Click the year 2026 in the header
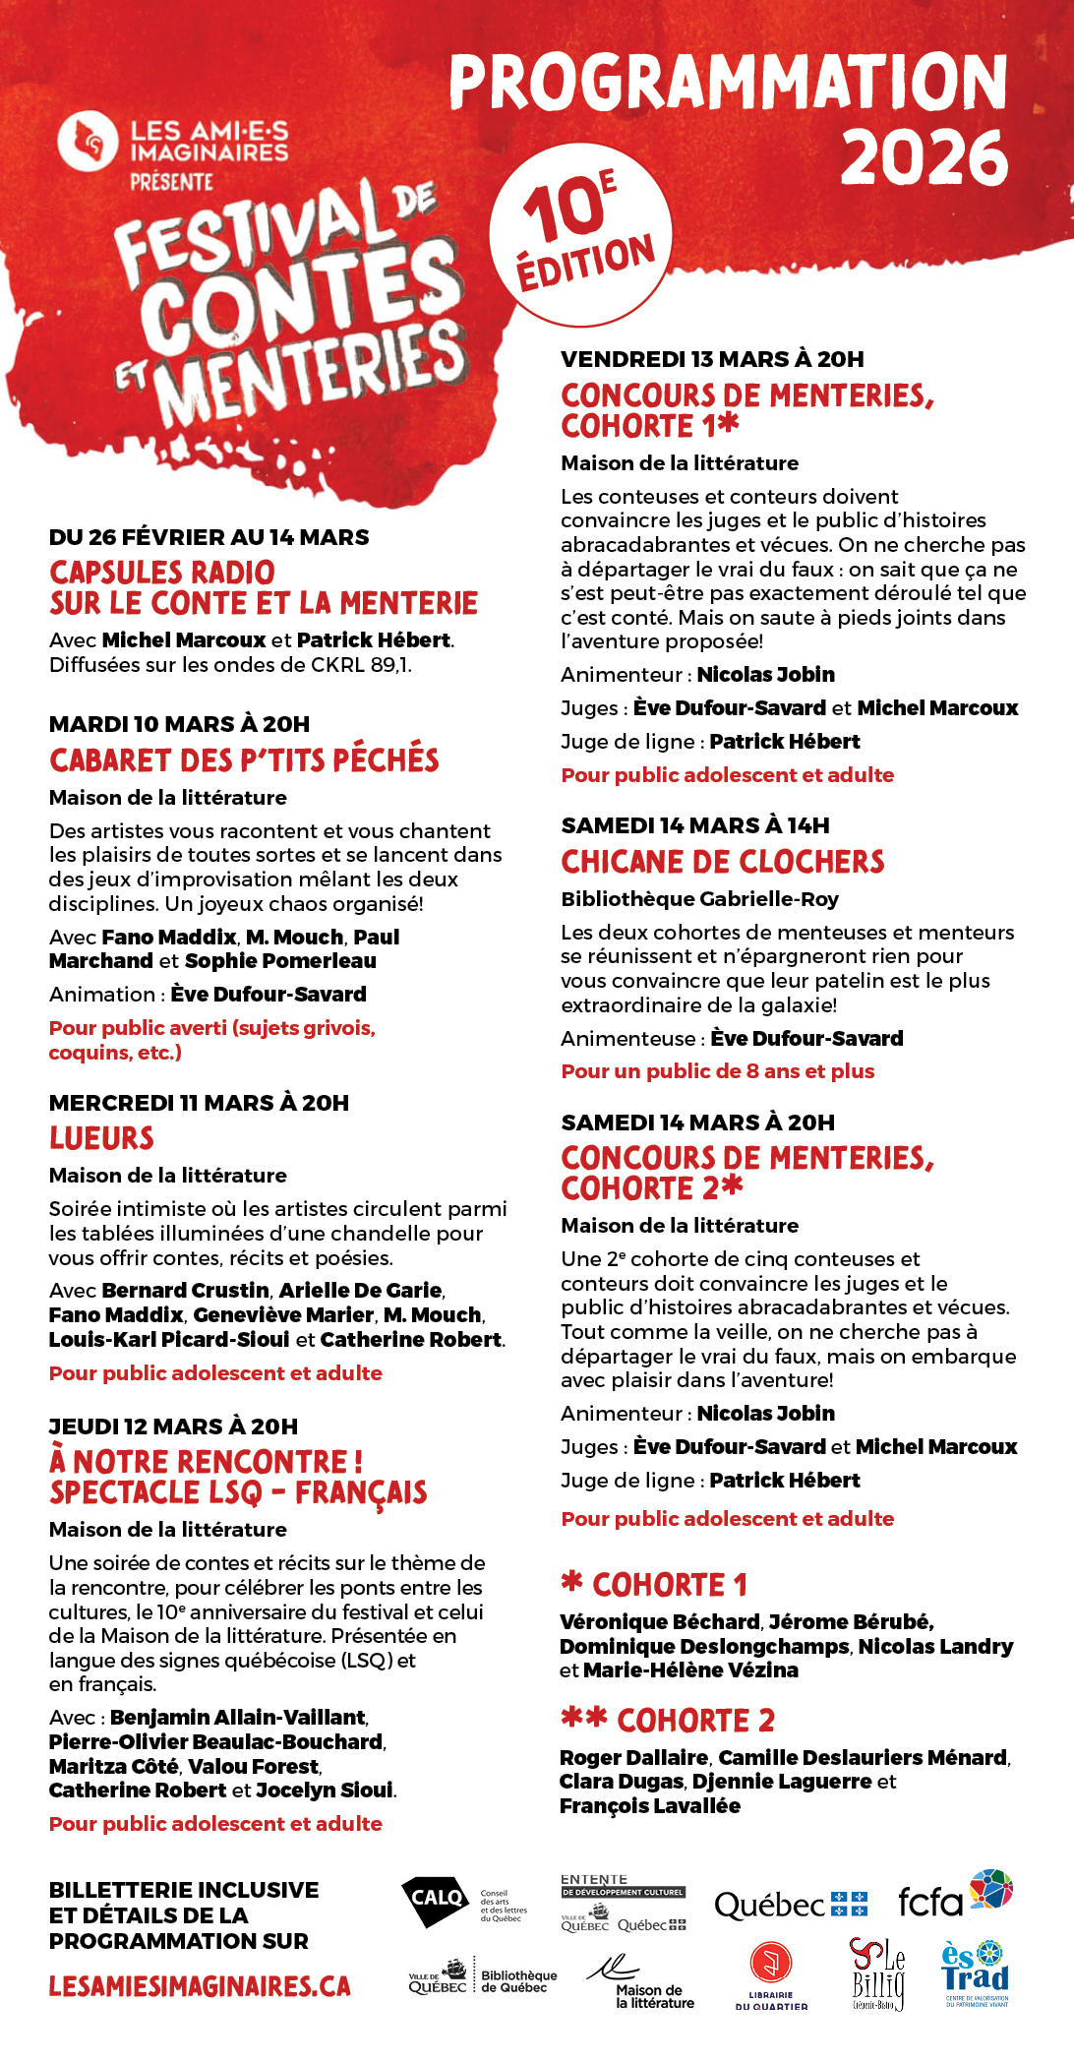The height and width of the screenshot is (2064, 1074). tap(924, 157)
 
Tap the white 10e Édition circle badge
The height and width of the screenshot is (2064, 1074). tap(580, 234)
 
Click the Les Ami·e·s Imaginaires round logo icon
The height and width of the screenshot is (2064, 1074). tap(88, 142)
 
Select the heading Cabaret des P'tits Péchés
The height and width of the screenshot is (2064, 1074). tap(244, 759)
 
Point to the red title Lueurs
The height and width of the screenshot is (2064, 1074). tap(101, 1138)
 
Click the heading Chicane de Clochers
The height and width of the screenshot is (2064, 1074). tap(722, 862)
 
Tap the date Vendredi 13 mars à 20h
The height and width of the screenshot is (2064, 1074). tap(712, 359)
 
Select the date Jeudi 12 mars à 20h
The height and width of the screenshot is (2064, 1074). tap(173, 1426)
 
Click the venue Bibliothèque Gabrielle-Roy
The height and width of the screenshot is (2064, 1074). tap(699, 898)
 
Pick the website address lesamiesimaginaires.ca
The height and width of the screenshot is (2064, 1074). tap(200, 1986)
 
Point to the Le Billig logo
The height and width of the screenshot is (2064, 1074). tap(878, 1973)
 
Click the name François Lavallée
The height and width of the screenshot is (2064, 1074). tap(649, 1805)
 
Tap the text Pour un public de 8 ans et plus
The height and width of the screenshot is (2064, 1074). tap(717, 1071)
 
